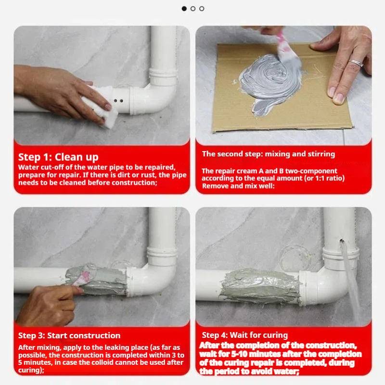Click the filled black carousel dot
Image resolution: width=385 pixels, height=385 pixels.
click(184, 9)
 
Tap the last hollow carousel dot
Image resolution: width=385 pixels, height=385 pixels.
click(202, 9)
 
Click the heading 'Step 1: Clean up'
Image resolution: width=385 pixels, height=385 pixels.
click(58, 157)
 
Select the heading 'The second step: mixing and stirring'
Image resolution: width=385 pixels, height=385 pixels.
click(269, 154)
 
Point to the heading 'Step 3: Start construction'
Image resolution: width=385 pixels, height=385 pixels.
click(69, 335)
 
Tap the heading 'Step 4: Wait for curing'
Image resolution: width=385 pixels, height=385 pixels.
click(245, 335)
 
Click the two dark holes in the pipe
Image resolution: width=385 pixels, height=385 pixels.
click(118, 101)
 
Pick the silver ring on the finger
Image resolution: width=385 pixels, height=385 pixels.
click(356, 63)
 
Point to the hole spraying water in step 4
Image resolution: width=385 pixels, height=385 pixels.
click(341, 241)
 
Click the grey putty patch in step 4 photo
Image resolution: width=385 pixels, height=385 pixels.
click(260, 286)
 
